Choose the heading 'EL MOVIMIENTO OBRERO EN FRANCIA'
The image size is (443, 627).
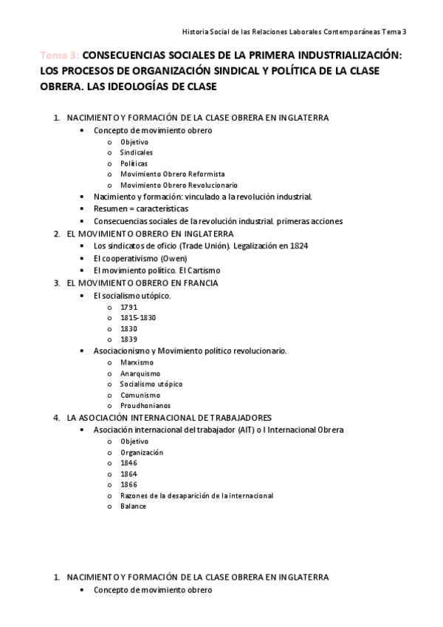(142, 282)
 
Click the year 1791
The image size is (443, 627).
(128, 307)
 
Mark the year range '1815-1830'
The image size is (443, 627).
(138, 317)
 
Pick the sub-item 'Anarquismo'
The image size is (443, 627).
(140, 373)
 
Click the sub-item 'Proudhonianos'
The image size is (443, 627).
(145, 406)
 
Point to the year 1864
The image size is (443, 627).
(128, 474)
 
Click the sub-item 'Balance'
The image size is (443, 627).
(134, 506)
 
